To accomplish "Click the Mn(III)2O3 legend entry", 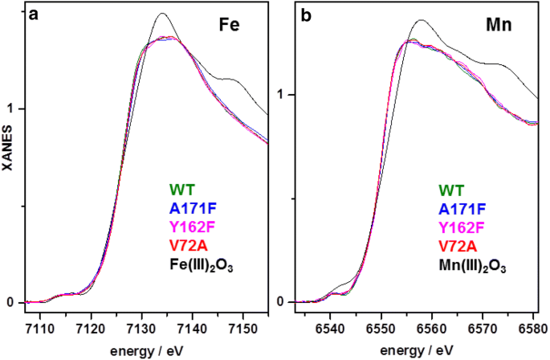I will [473, 264].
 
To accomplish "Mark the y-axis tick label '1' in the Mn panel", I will [281, 95].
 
